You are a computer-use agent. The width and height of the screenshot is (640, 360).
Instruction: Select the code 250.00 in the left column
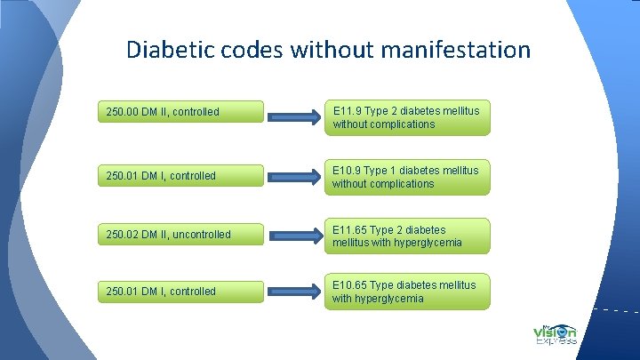click(x=123, y=112)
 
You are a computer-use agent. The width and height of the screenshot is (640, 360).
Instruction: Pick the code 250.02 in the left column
click(x=123, y=235)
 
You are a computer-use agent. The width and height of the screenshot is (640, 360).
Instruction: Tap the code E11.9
click(x=348, y=111)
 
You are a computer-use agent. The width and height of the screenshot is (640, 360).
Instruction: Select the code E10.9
click(x=348, y=170)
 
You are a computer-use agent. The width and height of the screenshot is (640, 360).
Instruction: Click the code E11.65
click(x=350, y=229)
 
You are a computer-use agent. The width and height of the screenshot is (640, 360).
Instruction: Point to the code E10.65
click(x=350, y=284)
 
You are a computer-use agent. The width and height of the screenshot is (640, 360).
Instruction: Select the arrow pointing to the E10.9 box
click(x=297, y=175)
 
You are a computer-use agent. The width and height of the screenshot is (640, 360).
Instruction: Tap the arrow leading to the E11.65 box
click(x=297, y=236)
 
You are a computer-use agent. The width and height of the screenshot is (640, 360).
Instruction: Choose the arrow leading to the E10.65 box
click(x=297, y=292)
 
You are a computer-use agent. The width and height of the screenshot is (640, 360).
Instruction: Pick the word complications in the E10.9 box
click(x=403, y=184)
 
